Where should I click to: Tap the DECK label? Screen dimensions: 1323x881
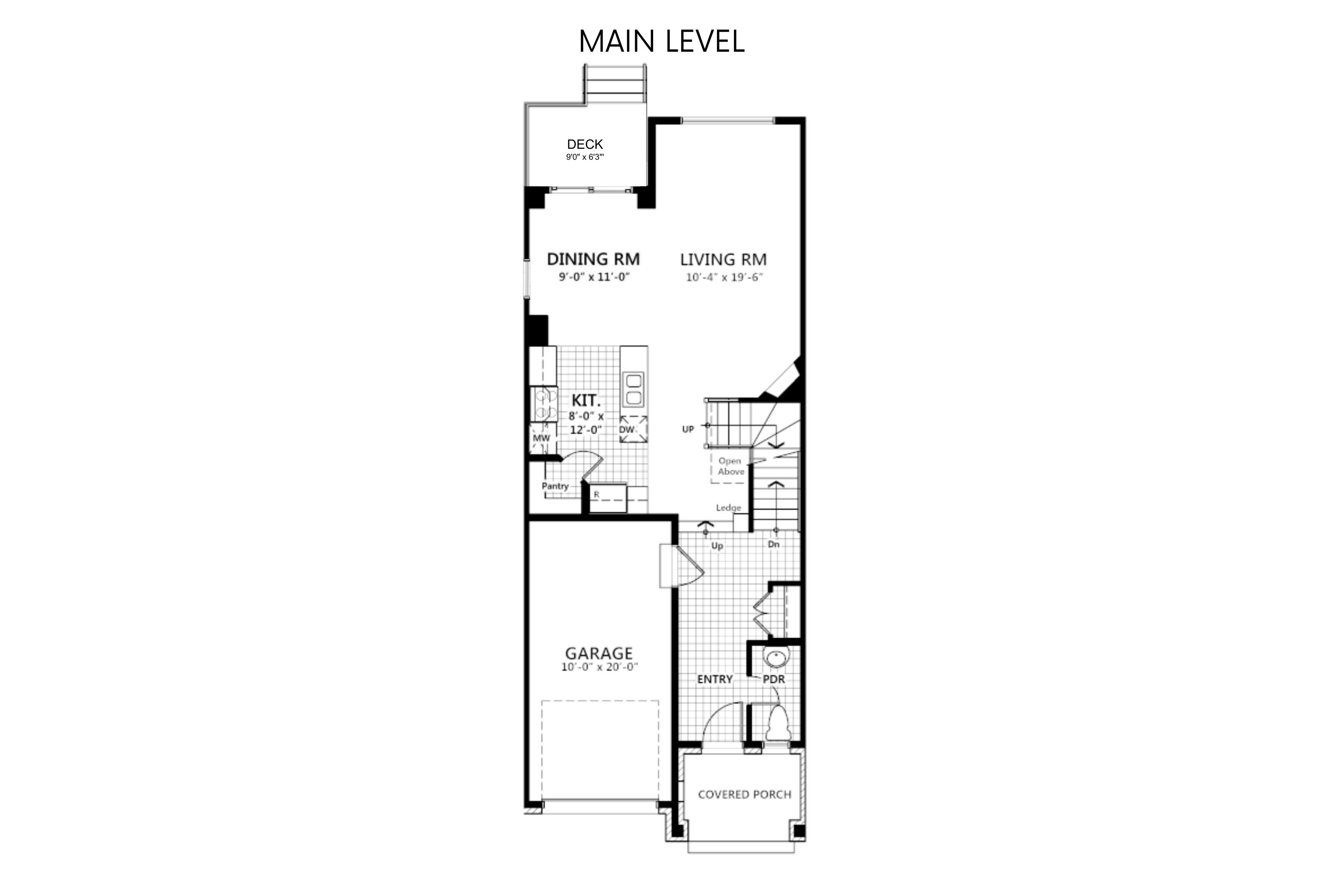pyautogui.click(x=585, y=144)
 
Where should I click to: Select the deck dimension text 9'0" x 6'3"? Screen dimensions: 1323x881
pyautogui.click(x=585, y=157)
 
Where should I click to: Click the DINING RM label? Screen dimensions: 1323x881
pyautogui.click(x=593, y=259)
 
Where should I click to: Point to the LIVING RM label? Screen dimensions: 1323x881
pyautogui.click(x=723, y=259)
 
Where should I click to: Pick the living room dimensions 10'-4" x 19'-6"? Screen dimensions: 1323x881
pyautogui.click(x=724, y=278)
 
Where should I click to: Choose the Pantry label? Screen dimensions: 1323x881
pyautogui.click(x=555, y=486)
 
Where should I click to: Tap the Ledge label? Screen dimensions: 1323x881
pyautogui.click(x=729, y=508)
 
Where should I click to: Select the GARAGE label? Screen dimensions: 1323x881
pyautogui.click(x=599, y=653)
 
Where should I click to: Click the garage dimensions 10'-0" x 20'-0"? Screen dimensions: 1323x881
pyautogui.click(x=600, y=668)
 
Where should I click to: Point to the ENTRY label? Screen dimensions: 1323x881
pyautogui.click(x=715, y=679)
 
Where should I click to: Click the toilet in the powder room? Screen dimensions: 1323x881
pyautogui.click(x=778, y=723)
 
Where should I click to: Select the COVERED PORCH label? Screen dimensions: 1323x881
pyautogui.click(x=744, y=795)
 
